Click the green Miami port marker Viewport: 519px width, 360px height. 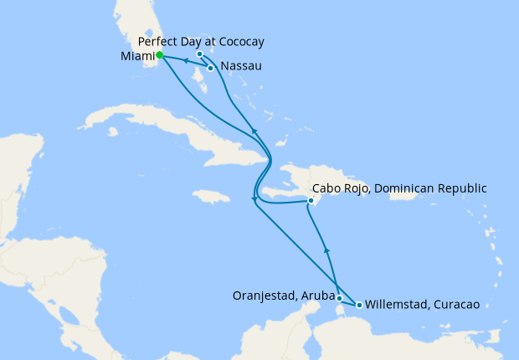pyautogui.click(x=159, y=55)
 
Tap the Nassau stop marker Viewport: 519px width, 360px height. pyautogui.click(x=210, y=67)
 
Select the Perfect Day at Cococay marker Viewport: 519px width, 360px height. pyautogui.click(x=199, y=54)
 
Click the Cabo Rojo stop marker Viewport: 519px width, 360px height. pyautogui.click(x=311, y=201)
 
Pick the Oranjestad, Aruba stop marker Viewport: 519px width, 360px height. pyautogui.click(x=339, y=298)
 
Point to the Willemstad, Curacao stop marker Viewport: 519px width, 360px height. pyautogui.click(x=359, y=305)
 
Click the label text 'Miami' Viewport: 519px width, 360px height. pyautogui.click(x=136, y=56)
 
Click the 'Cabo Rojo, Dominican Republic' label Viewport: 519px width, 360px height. pyautogui.click(x=398, y=188)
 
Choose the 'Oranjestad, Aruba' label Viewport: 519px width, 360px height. pyautogui.click(x=284, y=295)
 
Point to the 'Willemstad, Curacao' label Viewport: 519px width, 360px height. pyautogui.click(x=422, y=305)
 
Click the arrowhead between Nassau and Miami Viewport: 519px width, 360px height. pyautogui.click(x=185, y=61)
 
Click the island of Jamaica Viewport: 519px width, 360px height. pyautogui.click(x=211, y=197)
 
